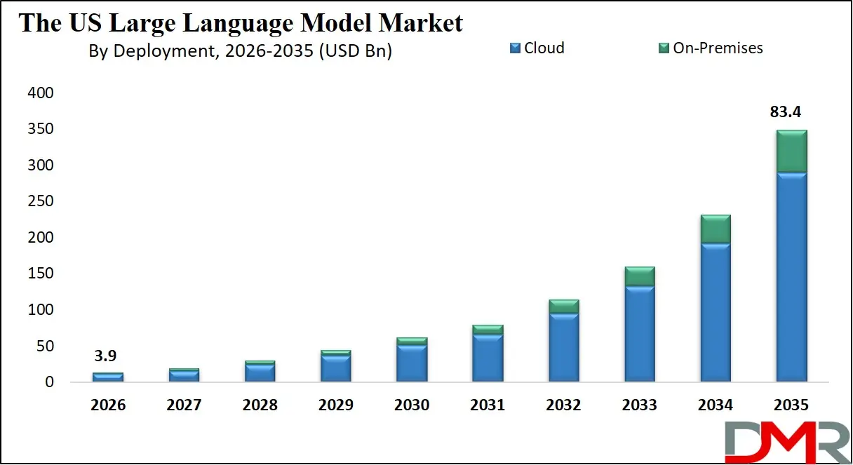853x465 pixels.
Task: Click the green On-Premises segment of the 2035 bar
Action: click(791, 151)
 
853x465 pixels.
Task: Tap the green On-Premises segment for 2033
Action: click(640, 276)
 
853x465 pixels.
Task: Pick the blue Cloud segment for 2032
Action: click(564, 347)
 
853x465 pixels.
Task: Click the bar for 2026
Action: click(109, 377)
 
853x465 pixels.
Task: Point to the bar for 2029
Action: click(336, 367)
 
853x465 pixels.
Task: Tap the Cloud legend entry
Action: click(537, 48)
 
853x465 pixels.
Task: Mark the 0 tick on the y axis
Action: click(49, 382)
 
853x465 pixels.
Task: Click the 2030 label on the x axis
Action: click(411, 405)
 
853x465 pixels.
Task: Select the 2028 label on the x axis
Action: click(260, 405)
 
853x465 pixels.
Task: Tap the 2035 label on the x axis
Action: click(791, 405)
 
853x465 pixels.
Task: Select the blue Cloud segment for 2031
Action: click(488, 358)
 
